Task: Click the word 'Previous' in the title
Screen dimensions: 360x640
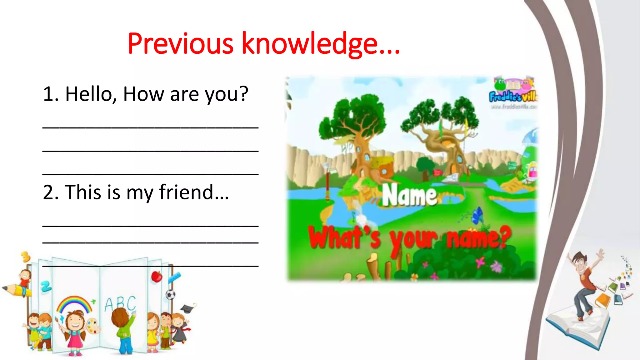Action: click(180, 44)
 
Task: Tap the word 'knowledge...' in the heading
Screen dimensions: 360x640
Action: click(321, 44)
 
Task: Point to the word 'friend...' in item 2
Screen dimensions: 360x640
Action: click(194, 192)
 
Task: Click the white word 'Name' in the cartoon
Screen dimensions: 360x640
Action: click(409, 196)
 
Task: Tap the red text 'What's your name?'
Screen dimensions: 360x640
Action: click(409, 238)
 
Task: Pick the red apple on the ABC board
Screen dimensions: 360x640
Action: click(156, 277)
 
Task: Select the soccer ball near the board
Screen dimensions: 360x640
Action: click(170, 294)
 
